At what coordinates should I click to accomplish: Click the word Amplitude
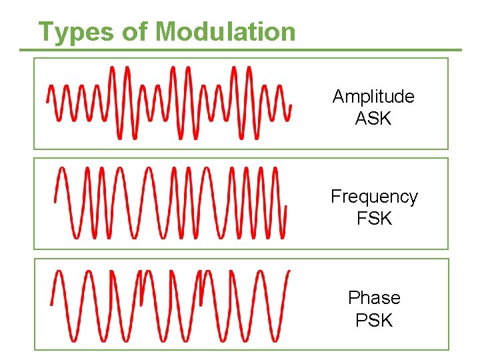click(373, 97)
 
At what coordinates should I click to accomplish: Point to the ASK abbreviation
click(373, 119)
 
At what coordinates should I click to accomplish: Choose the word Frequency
click(374, 197)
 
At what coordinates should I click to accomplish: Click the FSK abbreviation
click(374, 219)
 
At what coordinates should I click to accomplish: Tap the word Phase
click(374, 297)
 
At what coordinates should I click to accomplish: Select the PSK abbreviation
click(374, 320)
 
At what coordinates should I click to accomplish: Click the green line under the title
click(240, 50)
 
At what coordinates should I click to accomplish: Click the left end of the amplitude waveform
click(47, 101)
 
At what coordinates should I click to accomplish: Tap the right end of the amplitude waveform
click(291, 105)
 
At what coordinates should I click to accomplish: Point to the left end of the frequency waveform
click(55, 201)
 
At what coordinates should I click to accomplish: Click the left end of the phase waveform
click(51, 304)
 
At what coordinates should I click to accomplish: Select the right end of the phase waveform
click(289, 271)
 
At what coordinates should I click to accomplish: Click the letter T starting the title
click(45, 31)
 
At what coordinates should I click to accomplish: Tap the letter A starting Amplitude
click(338, 97)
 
